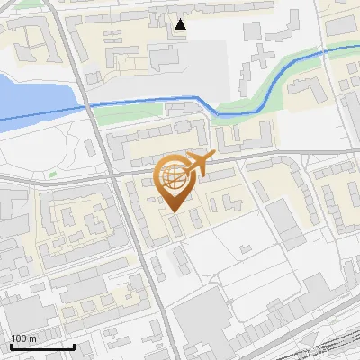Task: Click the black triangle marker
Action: coord(181,24)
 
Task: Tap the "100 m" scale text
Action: coord(23,338)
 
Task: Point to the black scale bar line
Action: coord(41,346)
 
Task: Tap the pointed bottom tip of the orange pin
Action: coord(174,211)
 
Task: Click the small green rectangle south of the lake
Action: coord(52,174)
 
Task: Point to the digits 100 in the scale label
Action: coord(19,338)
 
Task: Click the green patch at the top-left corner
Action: coord(27,4)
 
